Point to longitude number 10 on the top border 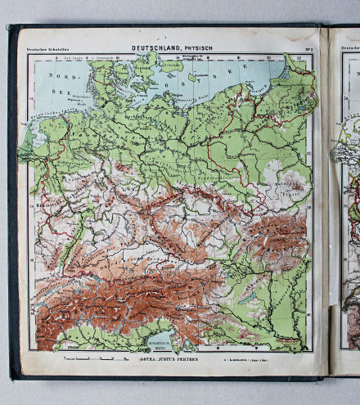[119, 58]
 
